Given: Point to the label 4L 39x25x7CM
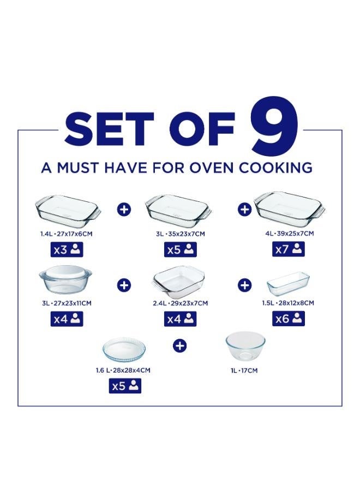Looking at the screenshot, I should coord(290,233).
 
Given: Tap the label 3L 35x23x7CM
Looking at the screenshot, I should coord(180,233).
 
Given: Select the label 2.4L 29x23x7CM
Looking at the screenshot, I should coord(180,303).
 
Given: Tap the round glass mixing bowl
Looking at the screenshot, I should coord(245,347).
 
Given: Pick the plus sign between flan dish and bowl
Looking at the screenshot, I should coord(181,345).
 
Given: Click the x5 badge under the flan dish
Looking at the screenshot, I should coord(125,386).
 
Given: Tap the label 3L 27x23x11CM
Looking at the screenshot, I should coord(67,303).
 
